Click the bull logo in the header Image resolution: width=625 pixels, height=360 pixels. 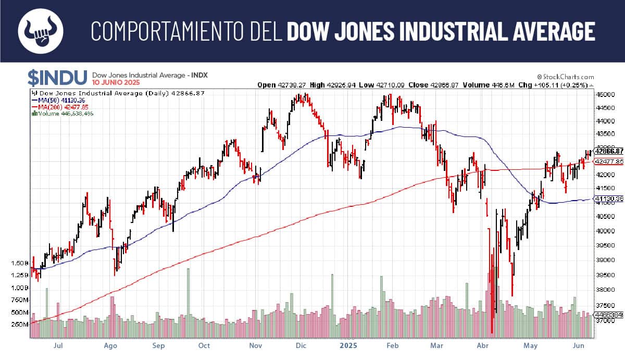[41, 31]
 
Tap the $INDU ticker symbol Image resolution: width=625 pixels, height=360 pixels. [57, 78]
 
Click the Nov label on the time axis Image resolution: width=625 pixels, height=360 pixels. [255, 345]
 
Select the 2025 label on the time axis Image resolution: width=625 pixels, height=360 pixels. [348, 345]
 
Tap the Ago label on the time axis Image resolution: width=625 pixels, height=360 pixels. [110, 345]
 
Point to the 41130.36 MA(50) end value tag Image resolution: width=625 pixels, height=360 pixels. [609, 198]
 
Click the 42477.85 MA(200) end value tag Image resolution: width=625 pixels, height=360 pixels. [609, 162]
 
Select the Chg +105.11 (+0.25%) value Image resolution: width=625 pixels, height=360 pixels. [566, 85]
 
